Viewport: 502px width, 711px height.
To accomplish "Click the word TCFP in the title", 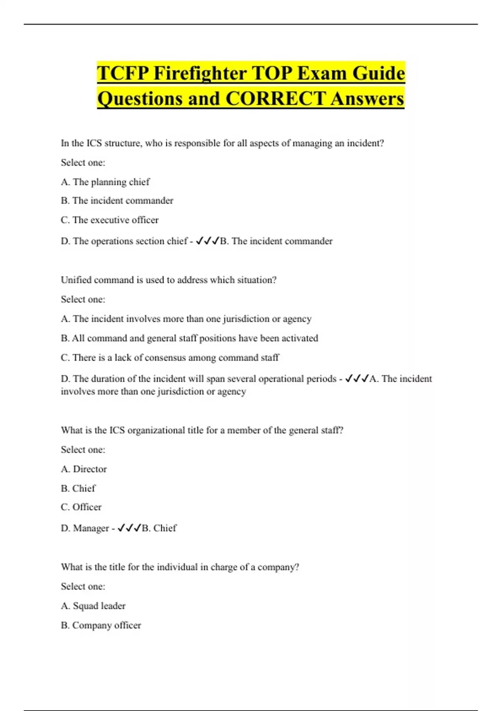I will click(x=123, y=74).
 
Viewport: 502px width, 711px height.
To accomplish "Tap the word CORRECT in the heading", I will click(x=275, y=99).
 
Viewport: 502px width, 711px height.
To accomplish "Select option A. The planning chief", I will click(x=105, y=182).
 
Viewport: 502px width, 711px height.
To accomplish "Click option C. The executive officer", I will click(x=110, y=220).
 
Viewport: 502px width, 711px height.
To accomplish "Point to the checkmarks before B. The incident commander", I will click(x=207, y=241).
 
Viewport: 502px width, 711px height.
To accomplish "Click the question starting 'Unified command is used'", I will click(x=169, y=280).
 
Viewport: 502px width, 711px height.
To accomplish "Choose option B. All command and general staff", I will click(x=189, y=338).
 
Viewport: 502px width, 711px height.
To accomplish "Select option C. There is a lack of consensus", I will click(x=170, y=358).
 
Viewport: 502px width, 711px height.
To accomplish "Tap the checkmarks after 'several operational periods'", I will click(x=357, y=379).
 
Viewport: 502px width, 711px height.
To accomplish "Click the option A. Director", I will click(x=84, y=469).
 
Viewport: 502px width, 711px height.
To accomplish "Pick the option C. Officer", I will click(x=81, y=507).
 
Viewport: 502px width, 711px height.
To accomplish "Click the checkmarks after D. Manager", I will click(x=129, y=528).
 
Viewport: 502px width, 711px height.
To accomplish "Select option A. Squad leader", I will click(x=93, y=606).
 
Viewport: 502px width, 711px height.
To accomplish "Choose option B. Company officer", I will click(x=101, y=625).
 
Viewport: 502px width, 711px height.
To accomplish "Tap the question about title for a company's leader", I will click(x=180, y=567).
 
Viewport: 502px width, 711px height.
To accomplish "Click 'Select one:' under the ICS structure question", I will click(x=83, y=163).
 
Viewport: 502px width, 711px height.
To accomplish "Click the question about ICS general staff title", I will click(x=202, y=430).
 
